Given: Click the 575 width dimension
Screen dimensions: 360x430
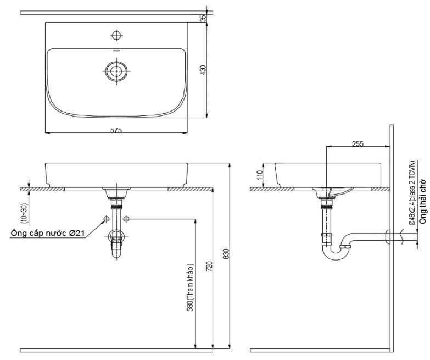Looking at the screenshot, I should [116, 130].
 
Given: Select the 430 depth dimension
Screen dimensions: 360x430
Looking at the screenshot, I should [203, 70].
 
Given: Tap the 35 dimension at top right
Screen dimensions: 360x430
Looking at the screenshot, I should [203, 18].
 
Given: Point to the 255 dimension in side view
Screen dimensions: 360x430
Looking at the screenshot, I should [358, 143].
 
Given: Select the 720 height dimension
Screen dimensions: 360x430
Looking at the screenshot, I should [209, 268].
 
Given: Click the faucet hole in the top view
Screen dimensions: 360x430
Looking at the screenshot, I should [116, 36].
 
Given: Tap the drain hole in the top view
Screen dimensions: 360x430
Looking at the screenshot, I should [116, 70].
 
